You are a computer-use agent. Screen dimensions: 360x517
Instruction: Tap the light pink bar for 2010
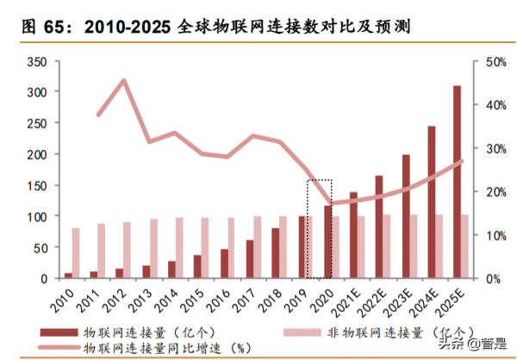click(x=76, y=253)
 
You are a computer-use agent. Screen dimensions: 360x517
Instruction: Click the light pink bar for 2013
click(x=153, y=249)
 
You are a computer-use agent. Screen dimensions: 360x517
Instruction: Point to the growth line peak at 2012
click(x=124, y=81)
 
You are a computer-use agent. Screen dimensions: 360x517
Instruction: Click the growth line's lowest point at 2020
click(x=330, y=204)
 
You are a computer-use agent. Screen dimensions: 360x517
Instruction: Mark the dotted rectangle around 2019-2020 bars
click(x=320, y=228)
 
